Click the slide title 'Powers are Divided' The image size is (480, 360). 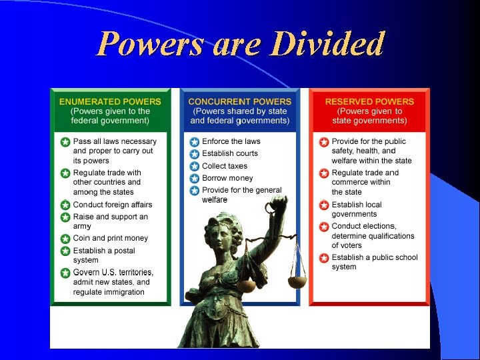[x=240, y=44]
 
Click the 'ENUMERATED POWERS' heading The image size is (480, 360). [x=110, y=101]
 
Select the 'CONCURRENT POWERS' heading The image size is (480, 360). [x=239, y=101]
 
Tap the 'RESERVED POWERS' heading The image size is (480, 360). [x=369, y=101]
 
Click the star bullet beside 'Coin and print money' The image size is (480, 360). [x=65, y=239]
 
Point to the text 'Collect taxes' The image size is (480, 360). [x=225, y=166]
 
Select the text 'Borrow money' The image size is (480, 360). [x=227, y=178]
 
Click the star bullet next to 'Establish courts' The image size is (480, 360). [x=194, y=154]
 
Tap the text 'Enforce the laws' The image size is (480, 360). [x=231, y=141]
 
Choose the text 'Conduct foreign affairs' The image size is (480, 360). [x=112, y=205]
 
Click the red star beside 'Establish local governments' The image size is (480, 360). [x=323, y=205]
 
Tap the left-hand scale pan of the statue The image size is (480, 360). [x=246, y=285]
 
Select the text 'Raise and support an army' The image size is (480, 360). [x=110, y=221]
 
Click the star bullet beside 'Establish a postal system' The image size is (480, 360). [x=65, y=251]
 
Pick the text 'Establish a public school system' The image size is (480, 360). [x=374, y=262]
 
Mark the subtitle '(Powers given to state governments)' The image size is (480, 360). [x=369, y=116]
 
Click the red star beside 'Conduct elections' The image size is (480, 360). [x=323, y=227]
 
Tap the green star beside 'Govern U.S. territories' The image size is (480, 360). [x=65, y=273]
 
